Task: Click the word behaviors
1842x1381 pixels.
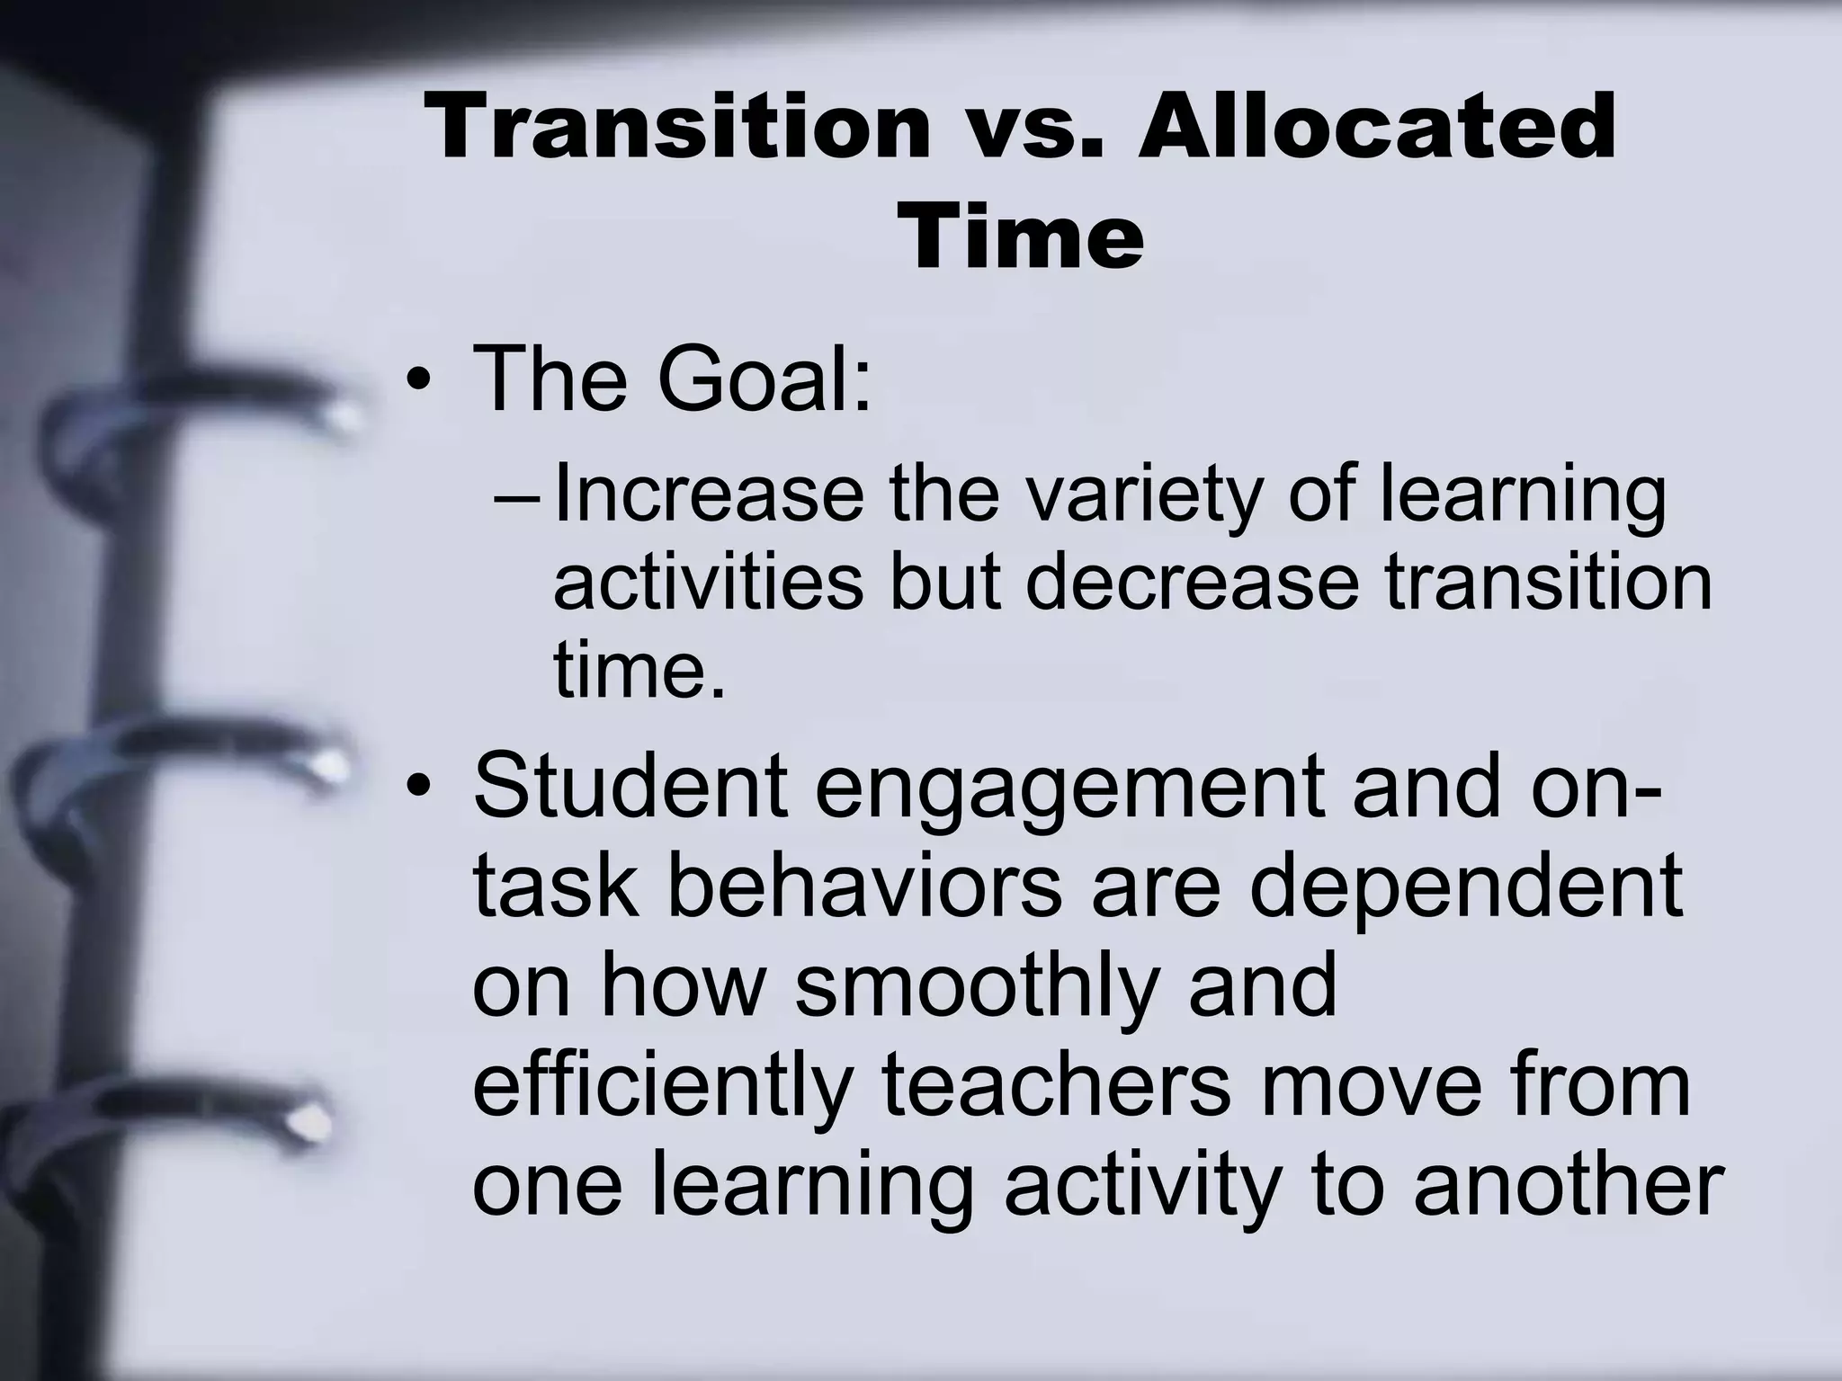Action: tap(863, 886)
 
